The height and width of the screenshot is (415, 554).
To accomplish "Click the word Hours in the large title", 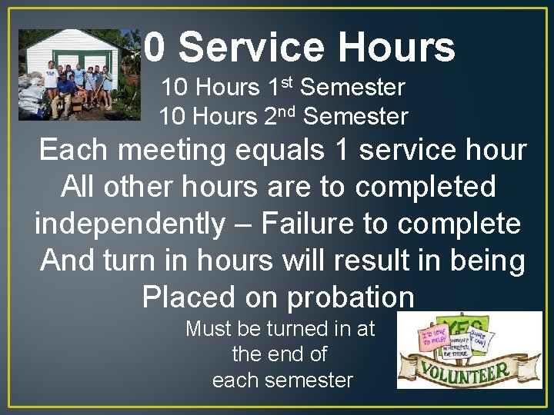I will pos(396,48).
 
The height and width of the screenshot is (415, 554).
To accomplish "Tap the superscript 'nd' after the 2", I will pos(289,110).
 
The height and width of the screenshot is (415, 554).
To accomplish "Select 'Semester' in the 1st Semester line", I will pos(352,88).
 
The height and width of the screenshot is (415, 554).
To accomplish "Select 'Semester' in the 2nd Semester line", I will pos(355,117).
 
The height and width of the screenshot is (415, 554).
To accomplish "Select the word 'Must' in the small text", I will pos(209,329).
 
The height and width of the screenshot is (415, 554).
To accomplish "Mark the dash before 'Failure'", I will pos(246,225).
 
